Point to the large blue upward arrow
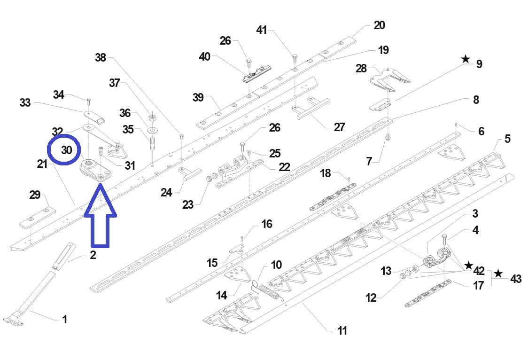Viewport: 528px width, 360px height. pos(100,216)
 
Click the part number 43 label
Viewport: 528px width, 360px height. pos(515,279)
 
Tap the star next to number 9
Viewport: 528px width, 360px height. pos(466,59)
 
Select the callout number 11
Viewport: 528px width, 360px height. pos(342,330)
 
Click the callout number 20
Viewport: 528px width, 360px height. pos(379,25)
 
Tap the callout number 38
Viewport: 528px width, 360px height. pos(101,57)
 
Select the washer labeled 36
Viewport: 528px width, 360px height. pos(153,128)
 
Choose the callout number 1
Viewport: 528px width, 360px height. pos(64,320)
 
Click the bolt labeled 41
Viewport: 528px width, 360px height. pos(295,58)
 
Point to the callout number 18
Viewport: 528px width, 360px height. pos(326,173)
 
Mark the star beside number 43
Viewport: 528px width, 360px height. pos(498,274)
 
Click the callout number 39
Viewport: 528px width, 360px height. pos(198,97)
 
